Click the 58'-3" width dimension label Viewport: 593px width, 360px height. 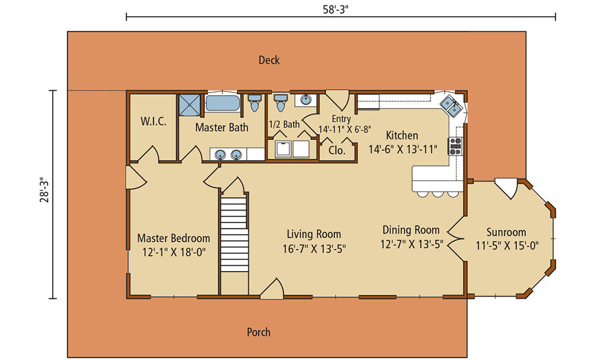click(x=336, y=9)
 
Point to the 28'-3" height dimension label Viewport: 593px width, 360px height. click(x=44, y=190)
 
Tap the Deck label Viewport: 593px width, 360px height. click(x=269, y=60)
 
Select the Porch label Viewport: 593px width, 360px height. click(x=259, y=332)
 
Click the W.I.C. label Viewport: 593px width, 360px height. click(x=154, y=122)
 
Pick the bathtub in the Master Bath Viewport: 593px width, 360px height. click(x=223, y=103)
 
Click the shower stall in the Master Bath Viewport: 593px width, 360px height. click(x=190, y=105)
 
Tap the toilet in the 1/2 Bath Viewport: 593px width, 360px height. click(x=280, y=102)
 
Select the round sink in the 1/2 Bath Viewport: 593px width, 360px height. click(x=305, y=100)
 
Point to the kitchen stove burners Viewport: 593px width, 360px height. click(x=455, y=146)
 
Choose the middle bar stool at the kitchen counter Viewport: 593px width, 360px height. click(x=438, y=194)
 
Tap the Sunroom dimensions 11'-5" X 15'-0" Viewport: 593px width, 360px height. click(x=507, y=246)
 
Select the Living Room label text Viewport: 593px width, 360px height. click(x=314, y=234)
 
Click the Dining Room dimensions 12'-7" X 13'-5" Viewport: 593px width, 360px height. click(x=412, y=244)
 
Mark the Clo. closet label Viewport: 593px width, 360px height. click(x=337, y=151)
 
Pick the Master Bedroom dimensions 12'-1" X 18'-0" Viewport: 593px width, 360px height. click(x=174, y=252)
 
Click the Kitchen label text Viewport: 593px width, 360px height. click(x=402, y=135)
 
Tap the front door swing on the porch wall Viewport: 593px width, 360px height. click(x=272, y=289)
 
